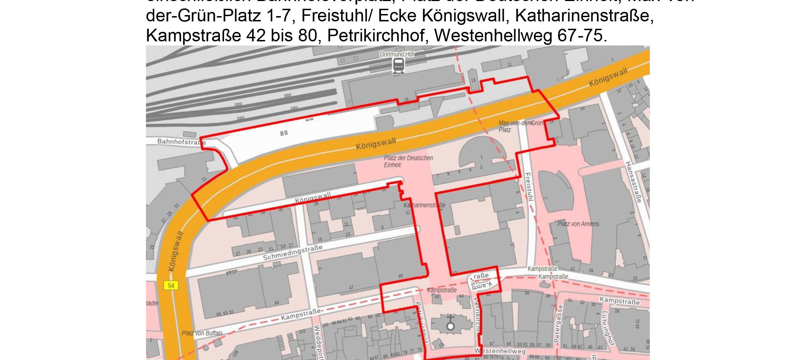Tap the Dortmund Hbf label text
tap(397, 54)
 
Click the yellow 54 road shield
tap(171, 285)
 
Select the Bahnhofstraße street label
tap(181, 142)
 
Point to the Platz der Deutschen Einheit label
tap(408, 161)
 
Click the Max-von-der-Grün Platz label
tap(520, 126)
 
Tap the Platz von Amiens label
tap(578, 224)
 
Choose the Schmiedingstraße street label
tap(292, 253)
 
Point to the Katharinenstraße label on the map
tap(424, 205)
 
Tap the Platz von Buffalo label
tap(202, 333)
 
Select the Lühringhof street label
tap(608, 328)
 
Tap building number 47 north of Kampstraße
tap(351, 287)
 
